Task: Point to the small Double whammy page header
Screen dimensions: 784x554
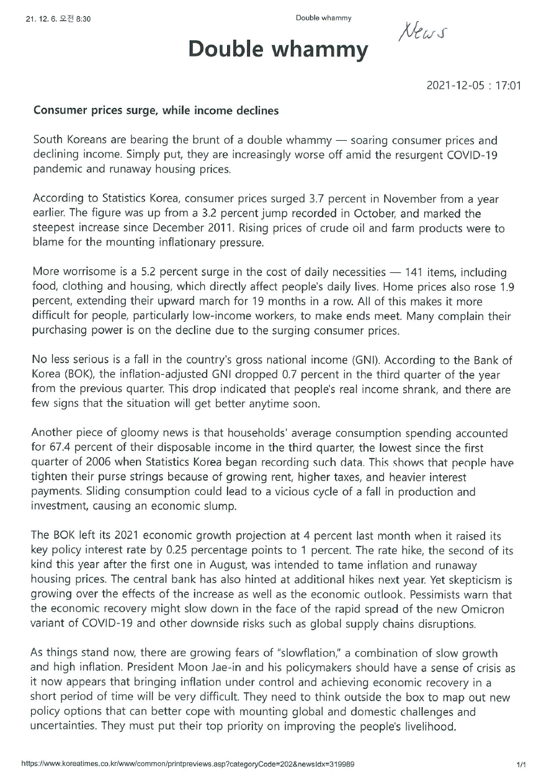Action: coord(323,18)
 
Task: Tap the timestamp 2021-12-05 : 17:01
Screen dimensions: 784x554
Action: coord(473,86)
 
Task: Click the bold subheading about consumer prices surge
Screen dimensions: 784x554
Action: coord(156,111)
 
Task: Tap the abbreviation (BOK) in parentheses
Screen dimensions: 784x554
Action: coord(73,375)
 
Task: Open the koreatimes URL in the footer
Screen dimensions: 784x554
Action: coord(188,764)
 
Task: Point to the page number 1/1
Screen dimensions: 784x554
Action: coord(521,765)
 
